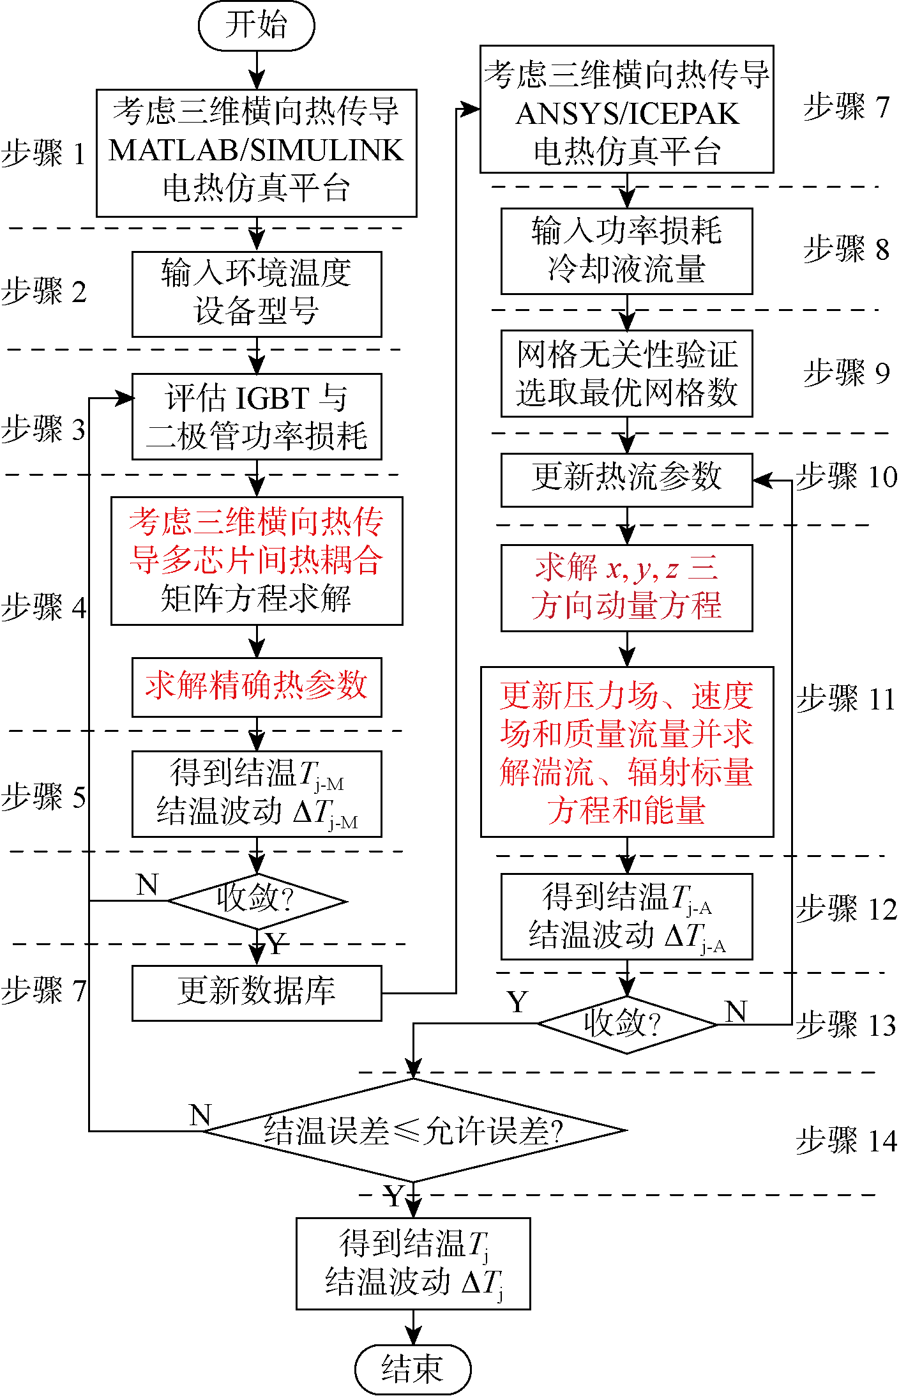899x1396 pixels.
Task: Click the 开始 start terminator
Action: (x=256, y=26)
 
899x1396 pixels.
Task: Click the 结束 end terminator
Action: (x=412, y=1369)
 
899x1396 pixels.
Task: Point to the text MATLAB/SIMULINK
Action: (x=256, y=151)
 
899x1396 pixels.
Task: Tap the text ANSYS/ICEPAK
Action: (x=626, y=114)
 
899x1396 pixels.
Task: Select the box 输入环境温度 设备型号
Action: (x=256, y=294)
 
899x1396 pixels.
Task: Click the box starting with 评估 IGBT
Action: (x=256, y=416)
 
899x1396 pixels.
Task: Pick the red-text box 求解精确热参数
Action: (x=256, y=687)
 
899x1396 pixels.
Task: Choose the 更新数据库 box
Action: (x=256, y=992)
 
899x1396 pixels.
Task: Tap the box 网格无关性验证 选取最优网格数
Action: (x=626, y=374)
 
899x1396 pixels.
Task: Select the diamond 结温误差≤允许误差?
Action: (x=414, y=1130)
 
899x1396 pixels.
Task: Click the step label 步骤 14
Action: (x=846, y=1141)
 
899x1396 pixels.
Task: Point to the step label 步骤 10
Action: (x=846, y=477)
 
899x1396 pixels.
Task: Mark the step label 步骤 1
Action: (x=43, y=154)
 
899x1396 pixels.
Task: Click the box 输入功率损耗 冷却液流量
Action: (x=626, y=251)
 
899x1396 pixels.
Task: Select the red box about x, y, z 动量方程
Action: (x=626, y=588)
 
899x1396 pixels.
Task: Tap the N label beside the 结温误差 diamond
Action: (x=200, y=1114)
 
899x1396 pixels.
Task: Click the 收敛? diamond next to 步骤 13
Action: (x=626, y=1024)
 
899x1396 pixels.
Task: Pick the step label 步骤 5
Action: (x=43, y=797)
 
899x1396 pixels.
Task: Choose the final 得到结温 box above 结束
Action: (x=412, y=1263)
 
